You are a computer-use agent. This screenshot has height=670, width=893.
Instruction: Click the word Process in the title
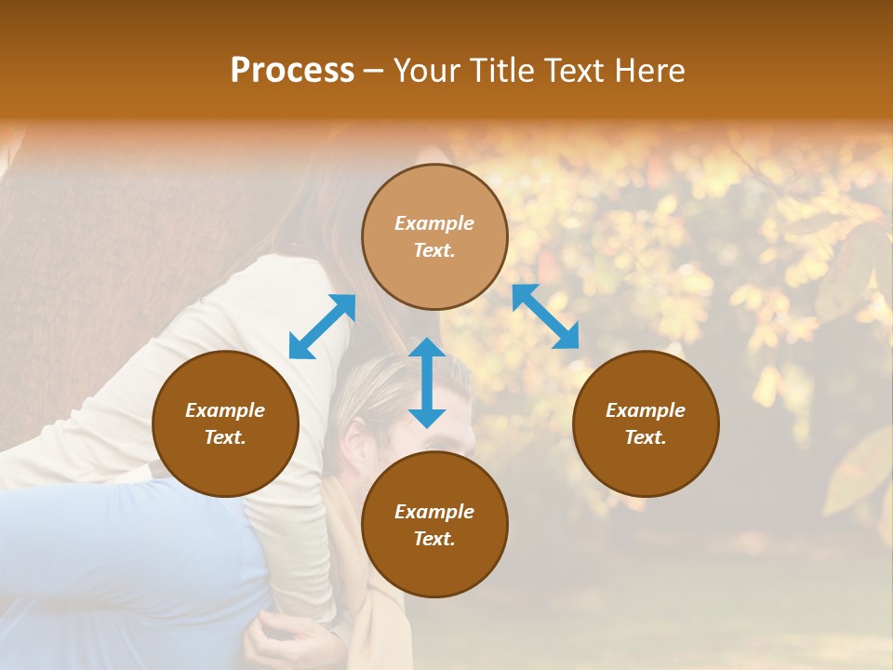(292, 71)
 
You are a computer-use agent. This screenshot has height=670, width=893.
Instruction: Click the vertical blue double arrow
(427, 382)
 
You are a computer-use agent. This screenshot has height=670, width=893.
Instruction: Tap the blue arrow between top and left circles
(322, 327)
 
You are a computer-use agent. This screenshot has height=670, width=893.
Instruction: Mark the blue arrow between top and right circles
(545, 316)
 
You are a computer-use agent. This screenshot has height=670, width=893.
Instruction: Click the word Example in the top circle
(434, 223)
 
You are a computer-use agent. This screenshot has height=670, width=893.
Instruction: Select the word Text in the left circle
(225, 437)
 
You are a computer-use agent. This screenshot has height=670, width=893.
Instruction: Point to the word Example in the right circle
(646, 410)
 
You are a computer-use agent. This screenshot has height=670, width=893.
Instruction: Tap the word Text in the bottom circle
(434, 539)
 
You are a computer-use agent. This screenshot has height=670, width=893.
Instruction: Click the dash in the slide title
(374, 71)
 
